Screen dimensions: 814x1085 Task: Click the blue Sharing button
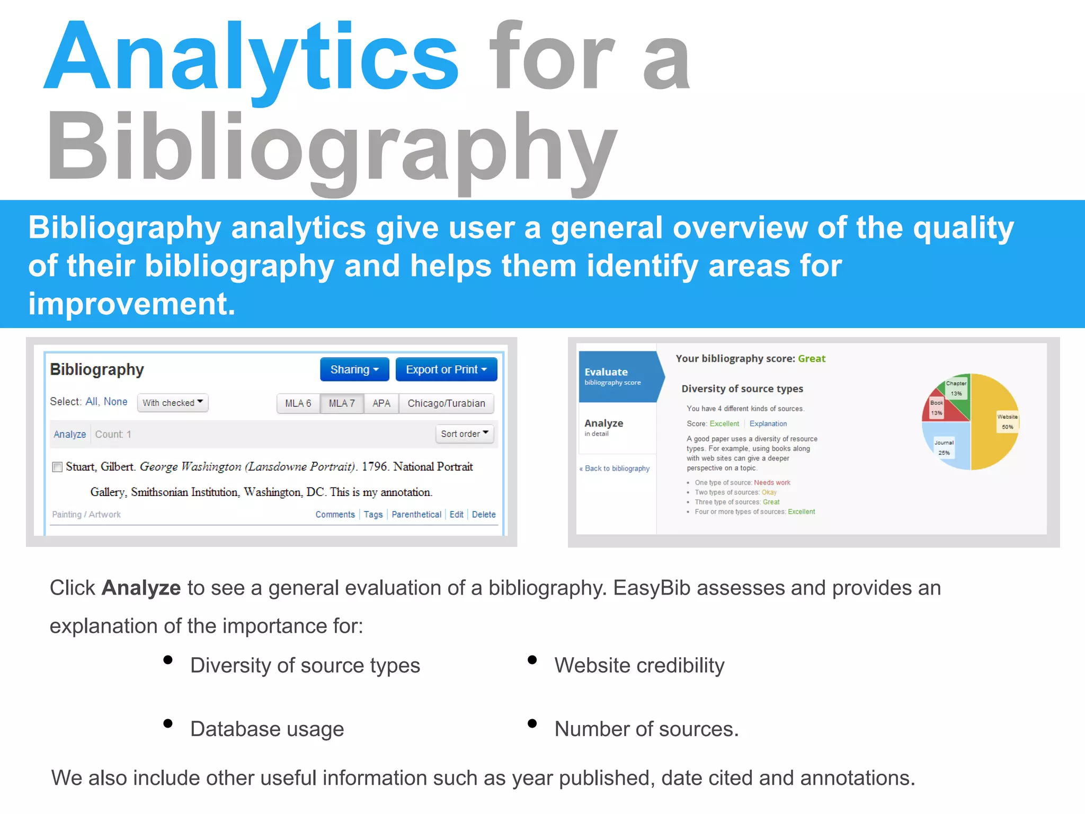[354, 369]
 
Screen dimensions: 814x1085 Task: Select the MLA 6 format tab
[298, 403]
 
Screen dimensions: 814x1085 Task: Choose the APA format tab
[381, 403]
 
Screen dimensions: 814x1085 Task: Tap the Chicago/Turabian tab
[446, 403]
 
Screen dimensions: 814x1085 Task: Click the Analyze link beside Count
[69, 434]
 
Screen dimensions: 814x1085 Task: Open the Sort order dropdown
[464, 433]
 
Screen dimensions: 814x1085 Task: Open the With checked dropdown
[172, 403]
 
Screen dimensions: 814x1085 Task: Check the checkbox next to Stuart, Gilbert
[57, 467]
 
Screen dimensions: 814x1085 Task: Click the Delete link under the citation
[483, 514]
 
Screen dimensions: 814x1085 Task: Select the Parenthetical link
[416, 514]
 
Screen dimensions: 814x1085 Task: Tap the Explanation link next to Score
[768, 423]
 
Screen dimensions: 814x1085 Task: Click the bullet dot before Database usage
[168, 724]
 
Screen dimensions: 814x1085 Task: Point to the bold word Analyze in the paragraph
[141, 588]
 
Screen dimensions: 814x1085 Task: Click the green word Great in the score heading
[811, 359]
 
